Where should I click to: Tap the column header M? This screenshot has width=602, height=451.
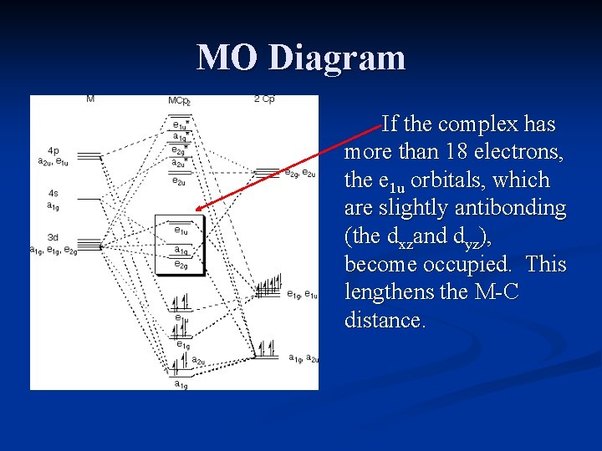tap(90, 99)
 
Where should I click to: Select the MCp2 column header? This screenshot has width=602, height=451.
tap(179, 101)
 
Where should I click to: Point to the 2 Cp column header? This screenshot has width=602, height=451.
tap(264, 99)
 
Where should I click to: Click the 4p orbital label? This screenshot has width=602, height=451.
tap(54, 151)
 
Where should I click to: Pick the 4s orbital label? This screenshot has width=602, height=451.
tap(53, 194)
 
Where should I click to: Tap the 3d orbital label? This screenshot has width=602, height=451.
tap(53, 237)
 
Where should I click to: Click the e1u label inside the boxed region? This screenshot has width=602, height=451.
tap(181, 231)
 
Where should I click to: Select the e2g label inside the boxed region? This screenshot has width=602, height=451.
tap(181, 265)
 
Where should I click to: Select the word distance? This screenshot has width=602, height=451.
tap(385, 321)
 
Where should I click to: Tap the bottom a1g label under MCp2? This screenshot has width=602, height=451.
tap(181, 384)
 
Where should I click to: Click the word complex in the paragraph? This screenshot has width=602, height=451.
tap(480, 125)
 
